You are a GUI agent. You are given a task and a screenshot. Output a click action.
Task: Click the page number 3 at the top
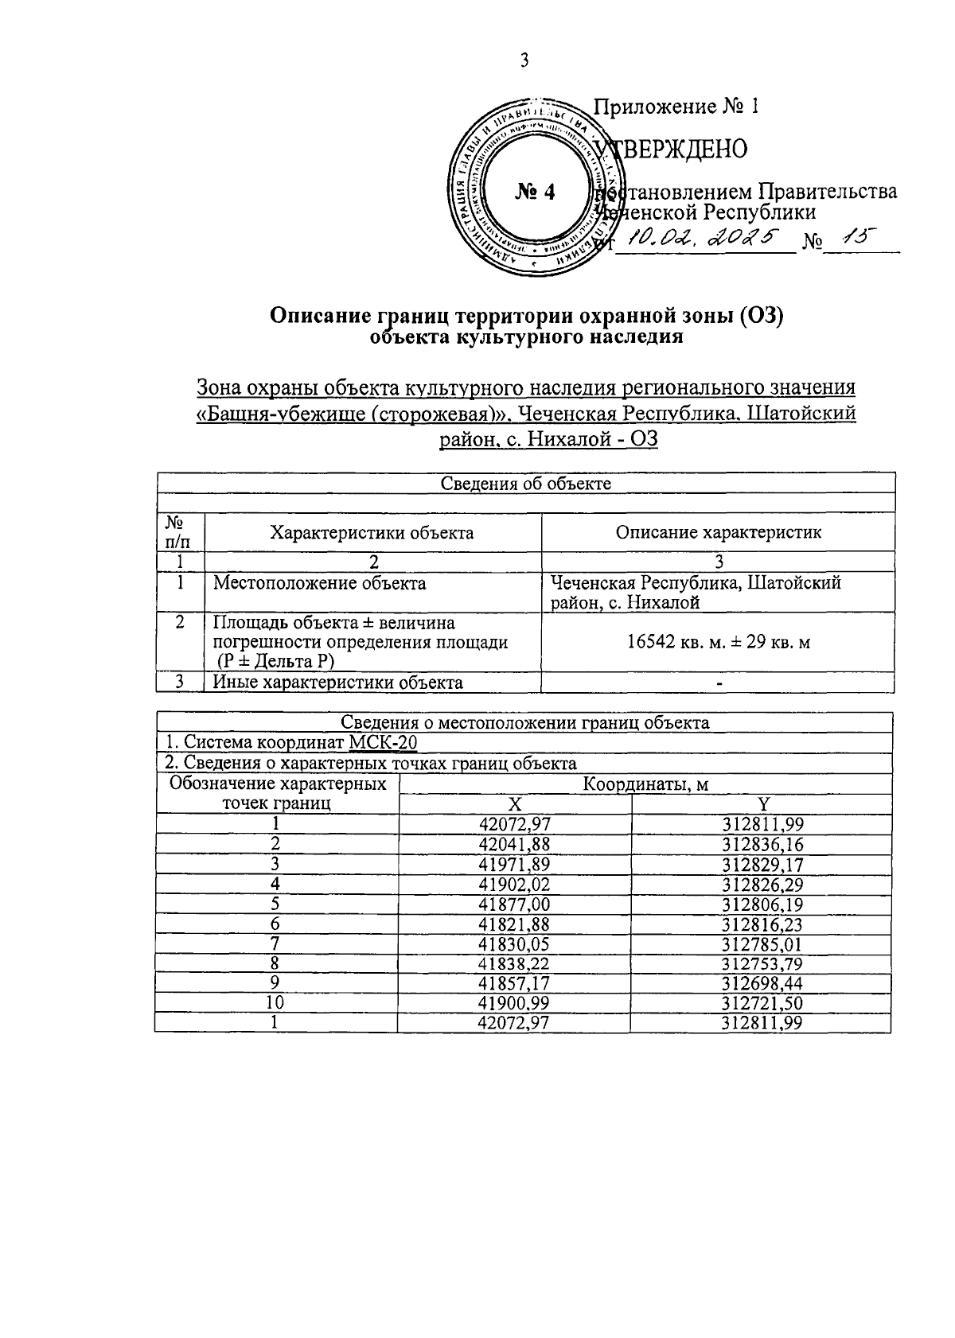point(524,60)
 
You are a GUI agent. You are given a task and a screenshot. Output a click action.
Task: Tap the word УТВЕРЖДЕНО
point(675,149)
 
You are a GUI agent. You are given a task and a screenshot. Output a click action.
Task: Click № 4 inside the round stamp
point(535,192)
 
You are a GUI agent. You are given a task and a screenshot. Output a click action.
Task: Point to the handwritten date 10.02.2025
point(701,236)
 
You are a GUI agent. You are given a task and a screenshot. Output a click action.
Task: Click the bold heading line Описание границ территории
point(527,317)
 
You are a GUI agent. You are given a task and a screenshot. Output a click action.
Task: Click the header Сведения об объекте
point(526,483)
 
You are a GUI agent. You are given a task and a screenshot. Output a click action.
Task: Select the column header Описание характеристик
point(718,532)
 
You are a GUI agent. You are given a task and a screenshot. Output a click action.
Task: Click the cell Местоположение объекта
point(319,583)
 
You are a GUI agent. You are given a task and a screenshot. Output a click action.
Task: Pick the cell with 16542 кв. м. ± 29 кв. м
point(718,642)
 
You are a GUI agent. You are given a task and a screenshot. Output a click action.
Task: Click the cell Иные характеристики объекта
point(337,683)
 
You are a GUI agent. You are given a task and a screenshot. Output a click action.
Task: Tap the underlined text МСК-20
point(383,743)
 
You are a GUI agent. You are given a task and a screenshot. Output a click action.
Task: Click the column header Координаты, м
point(645,784)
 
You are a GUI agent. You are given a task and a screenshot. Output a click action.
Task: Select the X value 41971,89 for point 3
point(514,864)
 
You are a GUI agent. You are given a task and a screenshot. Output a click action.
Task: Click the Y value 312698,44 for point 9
point(761,983)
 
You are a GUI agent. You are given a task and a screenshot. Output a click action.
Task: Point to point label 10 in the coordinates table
point(275,1003)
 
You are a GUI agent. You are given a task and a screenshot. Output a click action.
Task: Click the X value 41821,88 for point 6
point(514,924)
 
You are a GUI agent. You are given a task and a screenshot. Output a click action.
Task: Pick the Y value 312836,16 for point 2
point(761,844)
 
